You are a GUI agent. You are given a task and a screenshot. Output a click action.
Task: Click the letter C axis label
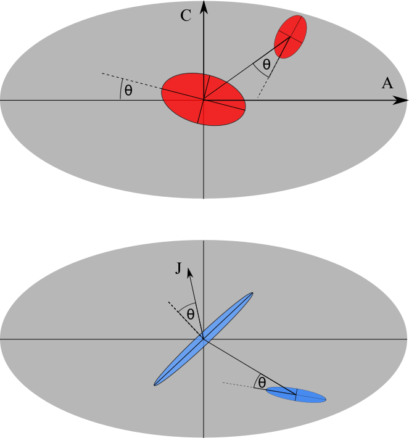(186, 16)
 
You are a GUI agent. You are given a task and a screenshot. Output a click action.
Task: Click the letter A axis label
(387, 84)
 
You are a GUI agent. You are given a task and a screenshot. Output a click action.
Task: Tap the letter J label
(178, 269)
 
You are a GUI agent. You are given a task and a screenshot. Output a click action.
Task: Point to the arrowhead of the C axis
(204, 6)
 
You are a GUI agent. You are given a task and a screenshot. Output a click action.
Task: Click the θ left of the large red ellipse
(128, 90)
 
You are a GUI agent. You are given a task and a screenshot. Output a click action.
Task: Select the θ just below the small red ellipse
(266, 64)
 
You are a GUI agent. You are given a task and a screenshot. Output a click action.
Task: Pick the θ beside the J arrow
(191, 314)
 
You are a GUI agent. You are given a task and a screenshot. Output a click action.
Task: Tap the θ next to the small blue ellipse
(262, 383)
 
